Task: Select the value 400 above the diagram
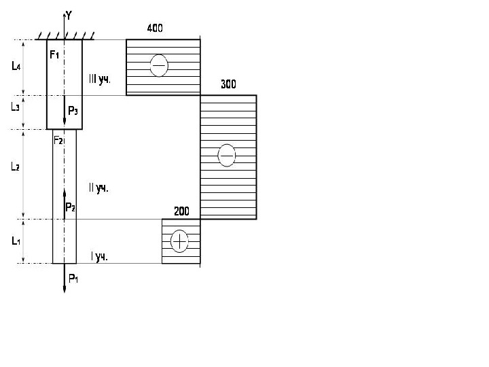click(x=155, y=29)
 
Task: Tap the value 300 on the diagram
click(x=228, y=85)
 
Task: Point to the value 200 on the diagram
click(x=181, y=211)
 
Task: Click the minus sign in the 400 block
click(x=158, y=65)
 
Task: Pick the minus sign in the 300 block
click(x=226, y=156)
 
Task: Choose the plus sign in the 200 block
click(x=179, y=241)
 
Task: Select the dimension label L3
click(x=16, y=107)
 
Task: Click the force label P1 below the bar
click(x=73, y=277)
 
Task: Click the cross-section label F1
click(x=55, y=54)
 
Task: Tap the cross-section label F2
click(x=58, y=140)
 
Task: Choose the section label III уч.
click(x=99, y=79)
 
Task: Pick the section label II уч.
click(x=98, y=188)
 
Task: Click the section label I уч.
click(x=98, y=257)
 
